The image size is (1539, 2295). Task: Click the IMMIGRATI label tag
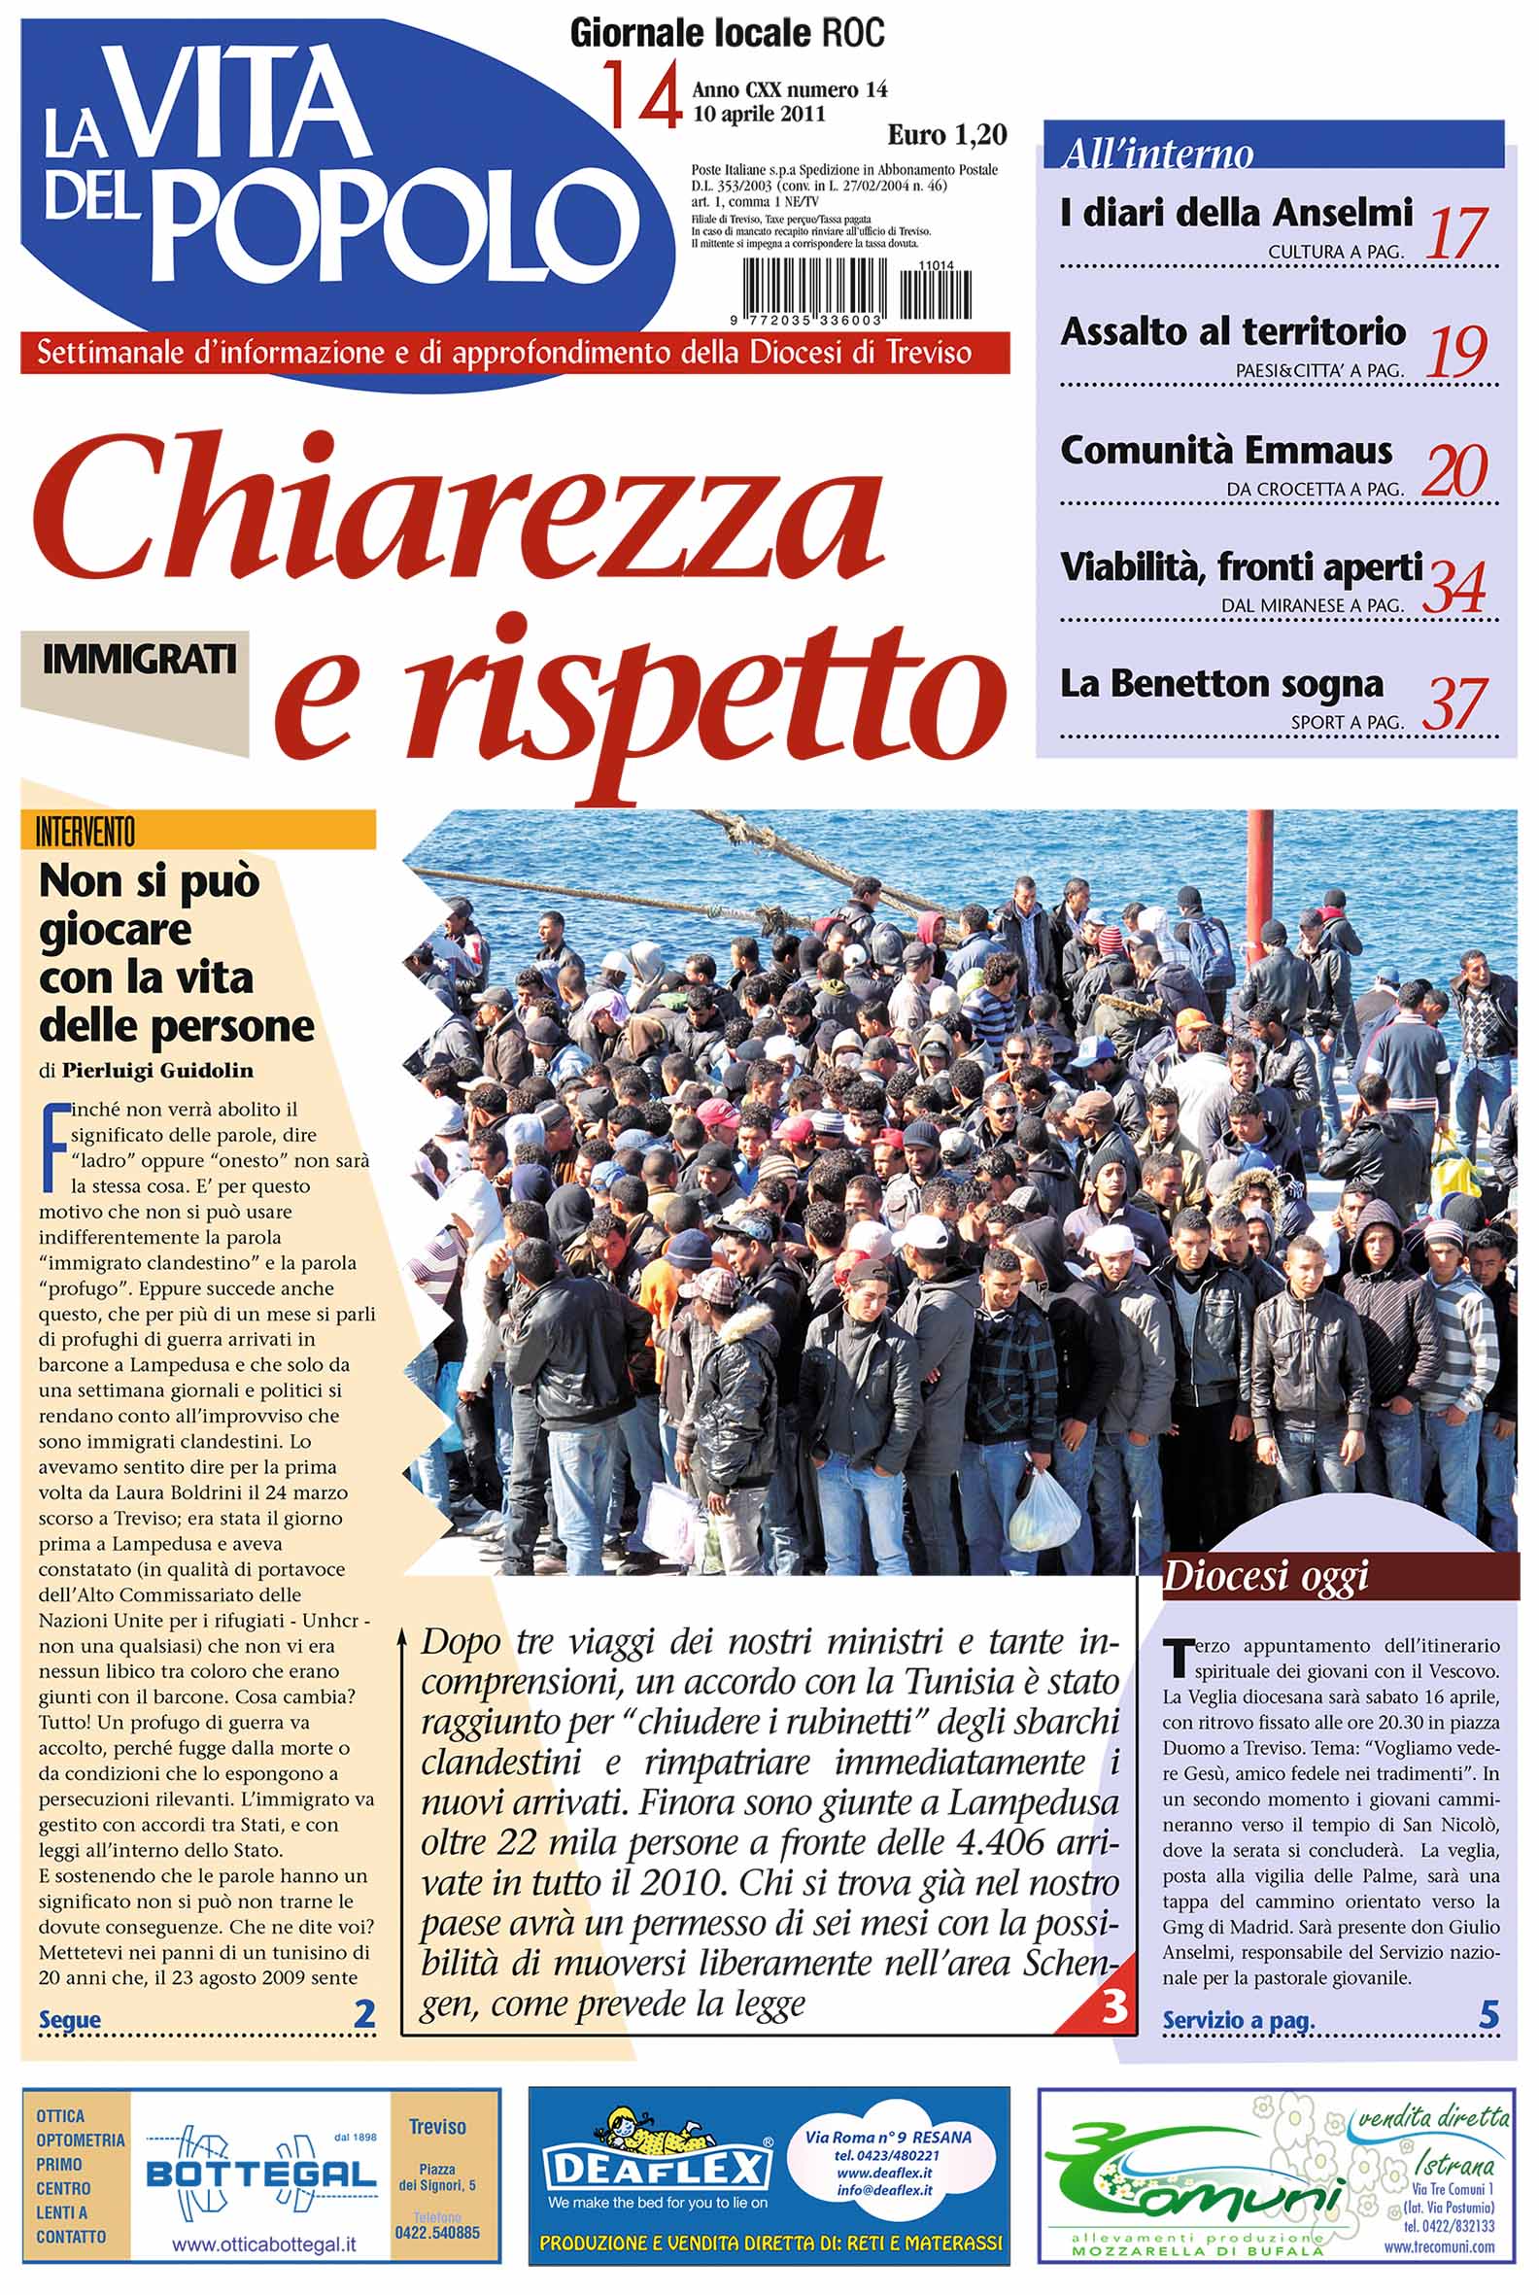139,659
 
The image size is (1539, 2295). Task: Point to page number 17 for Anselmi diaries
1456,233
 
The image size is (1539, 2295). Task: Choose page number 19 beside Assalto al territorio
1456,352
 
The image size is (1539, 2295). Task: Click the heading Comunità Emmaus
1226,451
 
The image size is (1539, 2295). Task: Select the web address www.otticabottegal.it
264,2244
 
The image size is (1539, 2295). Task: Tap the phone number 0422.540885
437,2232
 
